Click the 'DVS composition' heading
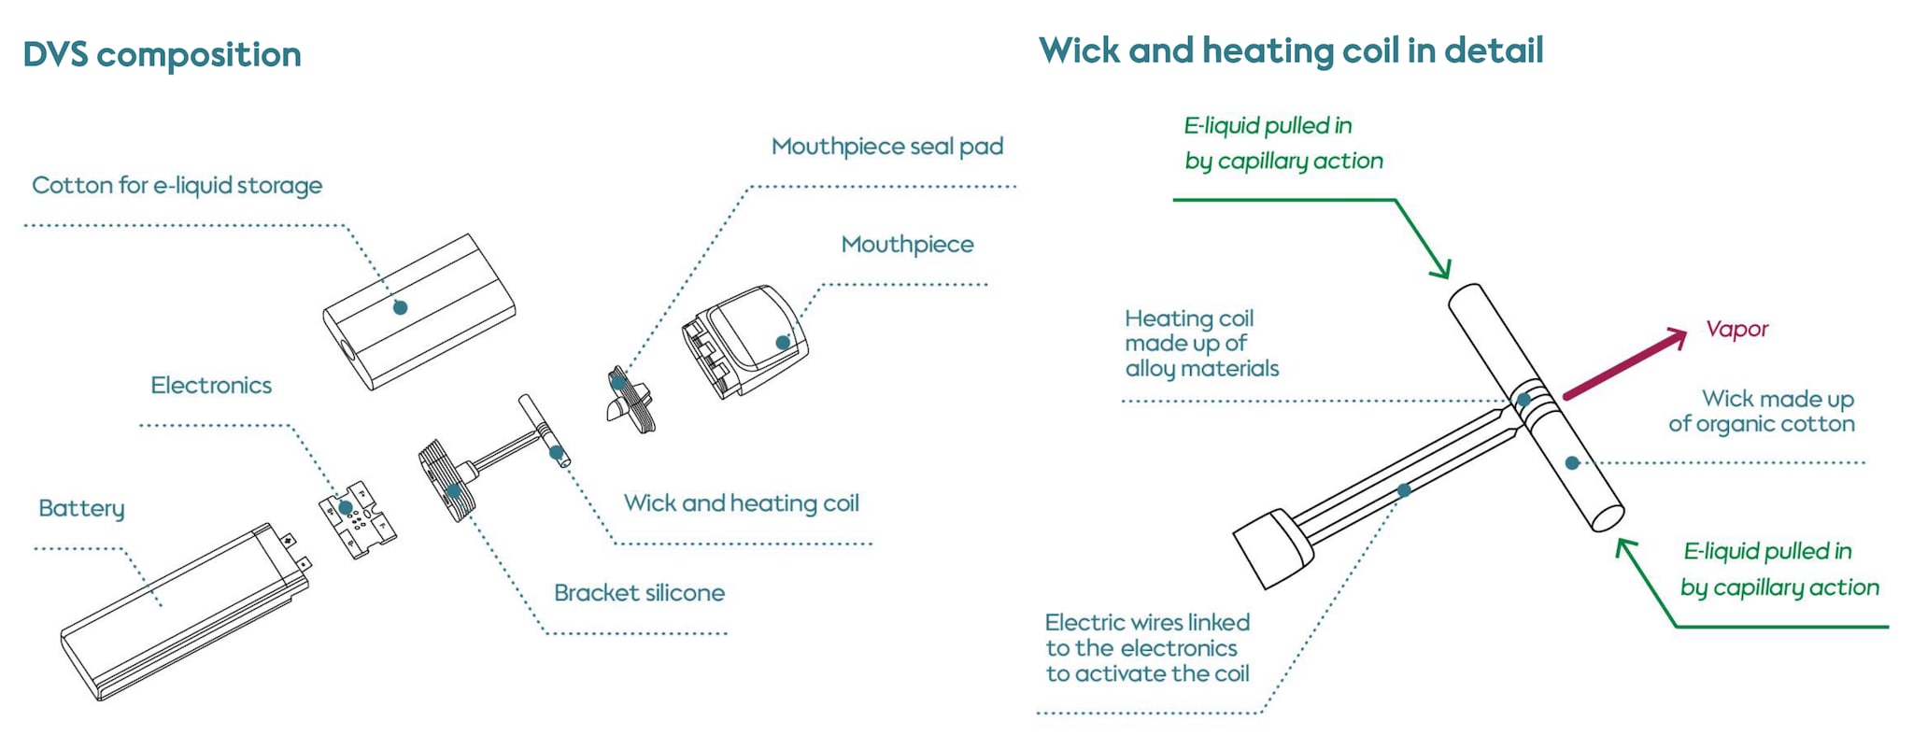162,55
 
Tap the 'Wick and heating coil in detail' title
1291,50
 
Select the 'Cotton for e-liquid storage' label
177,185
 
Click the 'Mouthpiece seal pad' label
887,147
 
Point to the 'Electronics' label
211,386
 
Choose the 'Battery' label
81,509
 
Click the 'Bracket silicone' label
639,593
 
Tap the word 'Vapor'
1736,329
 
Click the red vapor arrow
1624,363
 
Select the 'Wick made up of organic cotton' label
1762,412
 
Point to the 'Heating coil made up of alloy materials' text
1201,344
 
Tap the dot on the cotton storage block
400,307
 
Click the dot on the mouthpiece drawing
783,343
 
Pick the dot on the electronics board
346,508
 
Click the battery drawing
185,612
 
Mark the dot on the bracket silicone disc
454,491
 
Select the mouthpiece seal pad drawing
631,399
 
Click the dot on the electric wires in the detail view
1404,490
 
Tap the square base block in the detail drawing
1273,549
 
